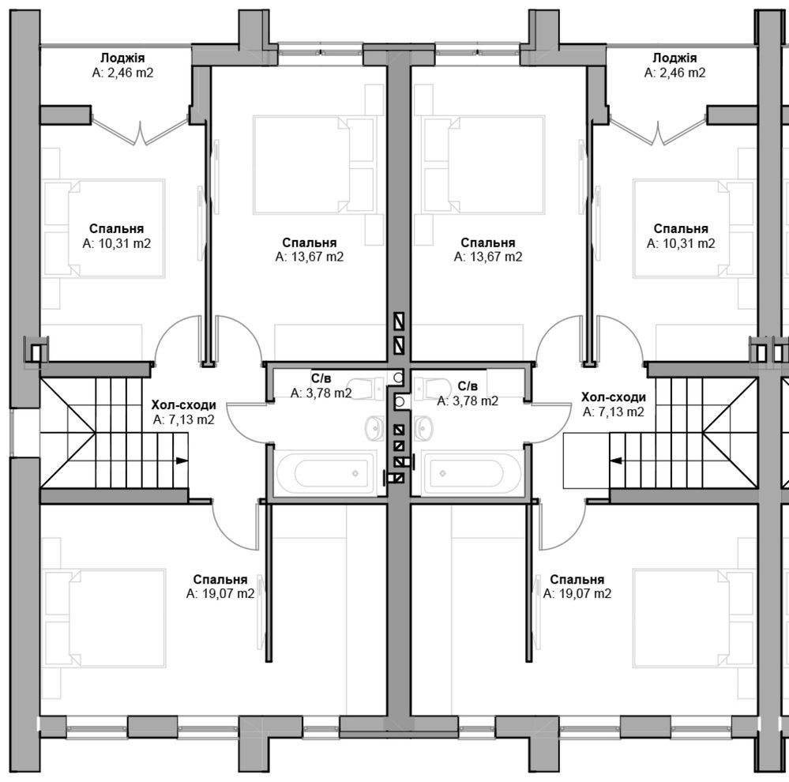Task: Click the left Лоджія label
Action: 122,58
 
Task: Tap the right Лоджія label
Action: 674,58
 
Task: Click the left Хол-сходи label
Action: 184,405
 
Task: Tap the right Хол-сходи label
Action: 614,397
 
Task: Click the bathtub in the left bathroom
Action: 325,473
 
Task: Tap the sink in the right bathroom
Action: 423,428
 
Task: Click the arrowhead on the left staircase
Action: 182,461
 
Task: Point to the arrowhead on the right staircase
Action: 616,461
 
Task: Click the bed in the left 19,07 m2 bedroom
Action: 105,618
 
